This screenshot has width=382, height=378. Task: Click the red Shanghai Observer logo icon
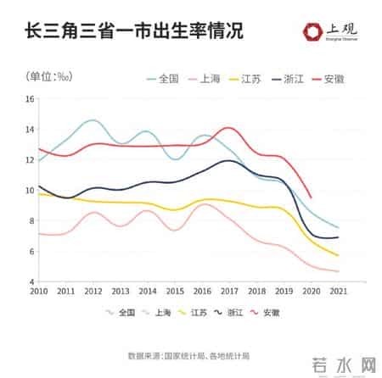coord(312,31)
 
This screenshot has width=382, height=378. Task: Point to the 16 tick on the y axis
coord(30,99)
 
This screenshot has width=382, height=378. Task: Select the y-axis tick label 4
coord(31,282)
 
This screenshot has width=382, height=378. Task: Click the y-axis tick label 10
coord(30,191)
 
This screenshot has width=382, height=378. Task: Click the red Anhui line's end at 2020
coord(311,197)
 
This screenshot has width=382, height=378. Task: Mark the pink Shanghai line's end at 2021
coord(338,271)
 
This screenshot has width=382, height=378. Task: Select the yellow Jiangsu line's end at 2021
coord(338,255)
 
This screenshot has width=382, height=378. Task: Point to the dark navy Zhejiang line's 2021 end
coord(338,237)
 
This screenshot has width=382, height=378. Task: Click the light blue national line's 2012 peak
coord(93,120)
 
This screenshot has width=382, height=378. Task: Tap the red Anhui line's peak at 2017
coord(228,128)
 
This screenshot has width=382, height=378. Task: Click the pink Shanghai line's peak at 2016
coord(204,204)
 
